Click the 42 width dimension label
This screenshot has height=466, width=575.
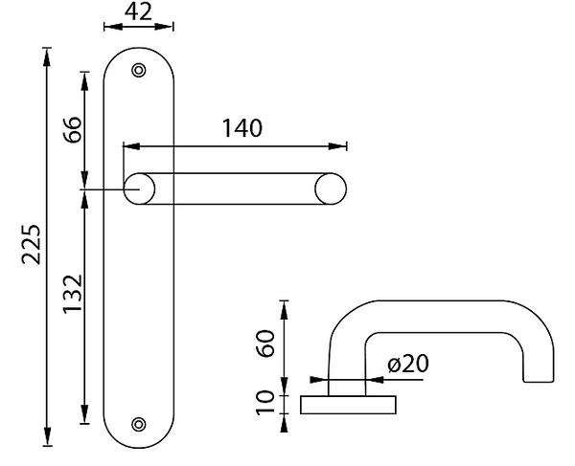coord(138,11)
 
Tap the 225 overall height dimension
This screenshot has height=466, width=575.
coord(31,244)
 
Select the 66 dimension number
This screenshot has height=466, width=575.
coord(72,130)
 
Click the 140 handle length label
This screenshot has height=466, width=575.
coord(242,128)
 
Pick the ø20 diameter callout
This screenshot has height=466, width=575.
coord(408,364)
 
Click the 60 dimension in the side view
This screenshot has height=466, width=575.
coord(265,344)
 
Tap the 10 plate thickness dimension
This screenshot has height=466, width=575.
coord(265,403)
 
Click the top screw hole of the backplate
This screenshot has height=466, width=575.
coord(139,70)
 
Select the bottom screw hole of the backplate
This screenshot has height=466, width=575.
coord(139,424)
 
